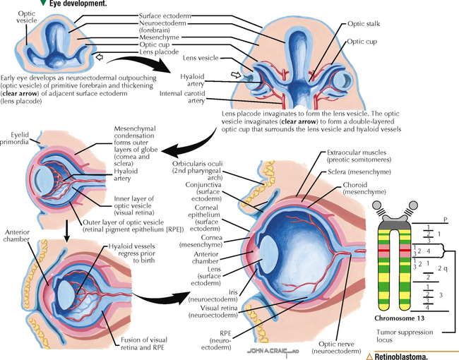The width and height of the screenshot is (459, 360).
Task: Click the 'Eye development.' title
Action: [78, 4]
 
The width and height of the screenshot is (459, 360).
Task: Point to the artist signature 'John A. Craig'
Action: [266, 350]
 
